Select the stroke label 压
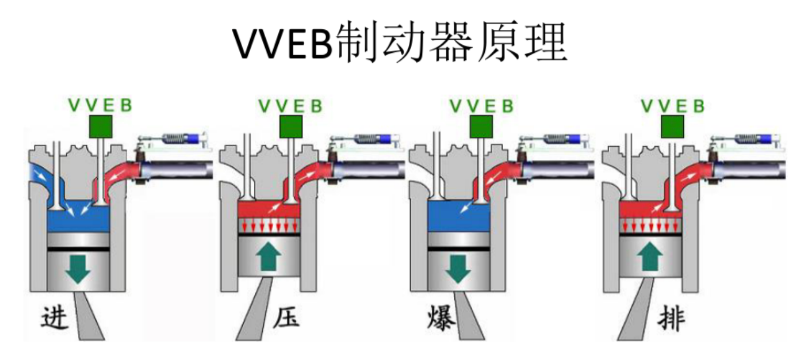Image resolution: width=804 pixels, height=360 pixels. (286, 317)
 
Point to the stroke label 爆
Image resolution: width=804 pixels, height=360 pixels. (441, 318)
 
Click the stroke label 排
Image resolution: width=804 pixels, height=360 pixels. (671, 318)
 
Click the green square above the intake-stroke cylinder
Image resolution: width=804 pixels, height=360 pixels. (101, 127)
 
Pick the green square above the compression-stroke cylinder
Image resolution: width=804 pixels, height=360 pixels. (291, 127)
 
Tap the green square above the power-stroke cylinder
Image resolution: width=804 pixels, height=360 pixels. (481, 127)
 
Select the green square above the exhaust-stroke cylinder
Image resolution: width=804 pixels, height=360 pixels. (672, 127)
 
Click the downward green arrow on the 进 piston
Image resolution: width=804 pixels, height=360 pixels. (78, 269)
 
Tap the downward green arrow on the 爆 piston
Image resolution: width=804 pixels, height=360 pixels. (458, 269)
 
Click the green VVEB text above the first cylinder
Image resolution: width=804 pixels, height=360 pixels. (100, 105)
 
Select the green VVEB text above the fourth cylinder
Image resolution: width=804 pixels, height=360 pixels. (673, 106)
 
